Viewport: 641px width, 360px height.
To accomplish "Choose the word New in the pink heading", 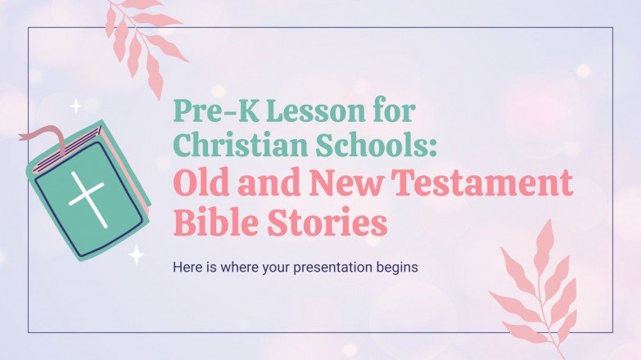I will coord(340,187).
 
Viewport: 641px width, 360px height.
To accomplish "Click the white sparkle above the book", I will coord(75,106).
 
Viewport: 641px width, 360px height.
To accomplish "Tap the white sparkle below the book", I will coord(136,255).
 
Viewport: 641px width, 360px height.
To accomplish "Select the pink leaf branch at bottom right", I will coord(536,286).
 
